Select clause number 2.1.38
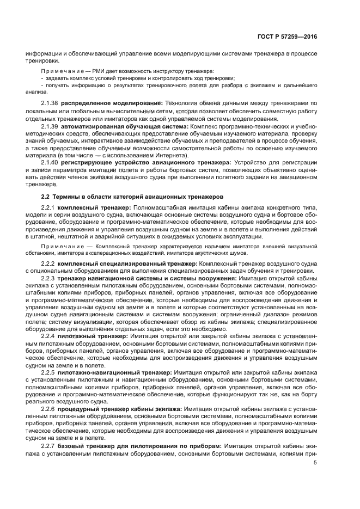pyautogui.click(x=50, y=103)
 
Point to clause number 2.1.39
pyautogui.click(x=50, y=126)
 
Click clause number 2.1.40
pyautogui.click(x=50, y=162)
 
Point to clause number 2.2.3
pyautogui.click(x=48, y=279)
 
